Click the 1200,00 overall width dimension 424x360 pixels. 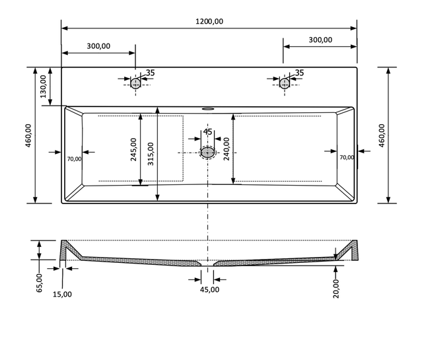point(209,21)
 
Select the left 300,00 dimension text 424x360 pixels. point(98,46)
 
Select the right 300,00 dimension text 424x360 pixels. point(320,40)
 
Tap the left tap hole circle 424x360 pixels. point(135,83)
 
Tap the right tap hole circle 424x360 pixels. point(285,83)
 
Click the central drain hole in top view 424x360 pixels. point(208,153)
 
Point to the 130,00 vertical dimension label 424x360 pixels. point(44,87)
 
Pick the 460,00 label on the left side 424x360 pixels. point(28,137)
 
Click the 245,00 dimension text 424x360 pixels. point(133,149)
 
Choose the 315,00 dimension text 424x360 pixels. point(151,154)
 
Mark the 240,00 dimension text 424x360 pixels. point(227,149)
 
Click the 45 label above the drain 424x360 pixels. point(207,132)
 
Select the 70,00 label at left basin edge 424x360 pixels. point(74,158)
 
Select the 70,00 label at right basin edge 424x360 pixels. point(346,157)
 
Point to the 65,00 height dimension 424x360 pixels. point(39,282)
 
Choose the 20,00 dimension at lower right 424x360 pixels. point(336,289)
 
